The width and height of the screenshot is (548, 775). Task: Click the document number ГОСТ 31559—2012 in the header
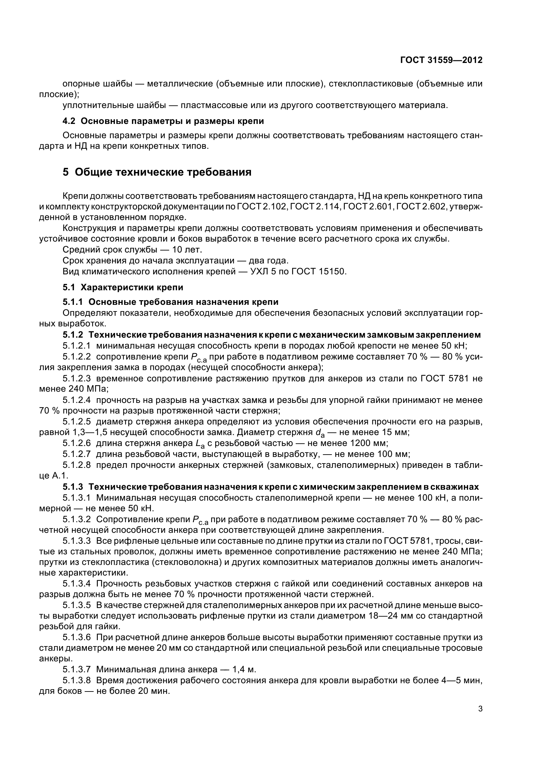441,60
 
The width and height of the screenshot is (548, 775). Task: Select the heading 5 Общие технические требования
157,172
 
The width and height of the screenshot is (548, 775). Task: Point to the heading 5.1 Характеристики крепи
123,287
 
